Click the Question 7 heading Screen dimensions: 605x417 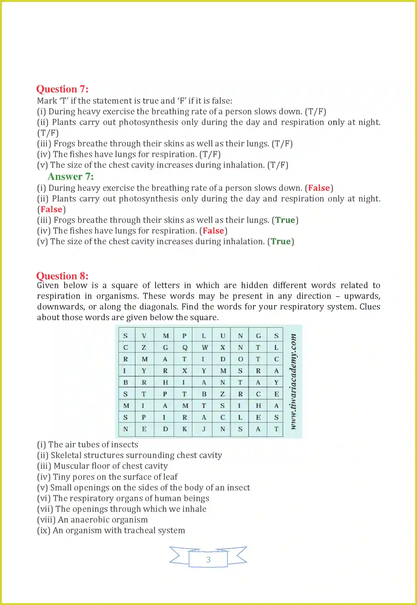pyautogui.click(x=62, y=89)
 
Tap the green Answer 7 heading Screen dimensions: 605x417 pyautogui.click(x=70, y=177)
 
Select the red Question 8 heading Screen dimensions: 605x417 pyautogui.click(x=62, y=276)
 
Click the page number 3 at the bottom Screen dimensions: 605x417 pyautogui.click(x=208, y=559)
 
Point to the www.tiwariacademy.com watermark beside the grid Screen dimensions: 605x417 pyautogui.click(x=293, y=382)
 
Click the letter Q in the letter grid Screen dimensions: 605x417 pyautogui.click(x=185, y=348)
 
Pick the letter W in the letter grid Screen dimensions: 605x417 pyautogui.click(x=205, y=348)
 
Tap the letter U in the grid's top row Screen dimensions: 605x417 pyautogui.click(x=223, y=336)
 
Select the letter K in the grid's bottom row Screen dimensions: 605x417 pyautogui.click(x=185, y=429)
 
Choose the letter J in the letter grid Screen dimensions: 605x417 pyautogui.click(x=204, y=429)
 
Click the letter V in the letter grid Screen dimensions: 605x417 pyautogui.click(x=144, y=336)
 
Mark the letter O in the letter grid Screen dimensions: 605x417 pyautogui.click(x=240, y=359)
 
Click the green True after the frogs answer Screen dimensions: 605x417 pyautogui.click(x=285, y=220)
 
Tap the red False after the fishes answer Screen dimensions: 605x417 pyautogui.click(x=213, y=231)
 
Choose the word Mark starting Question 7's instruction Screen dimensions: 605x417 pyautogui.click(x=47, y=101)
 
